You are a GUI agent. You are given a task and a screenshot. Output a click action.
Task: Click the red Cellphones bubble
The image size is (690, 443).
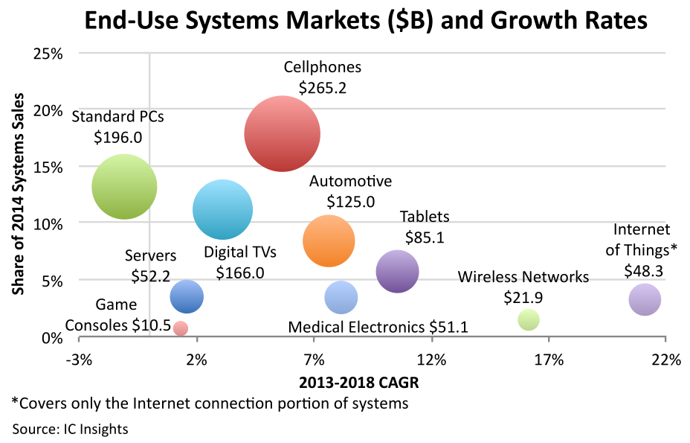pyautogui.click(x=282, y=134)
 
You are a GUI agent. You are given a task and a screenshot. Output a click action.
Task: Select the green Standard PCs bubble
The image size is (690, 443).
pyautogui.click(x=124, y=187)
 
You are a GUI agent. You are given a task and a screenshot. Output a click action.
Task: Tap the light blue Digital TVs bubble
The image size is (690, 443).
pyautogui.click(x=222, y=210)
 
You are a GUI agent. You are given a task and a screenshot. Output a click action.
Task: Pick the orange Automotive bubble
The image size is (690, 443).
pyautogui.click(x=329, y=240)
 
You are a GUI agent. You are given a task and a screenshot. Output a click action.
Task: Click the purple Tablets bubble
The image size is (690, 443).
pyautogui.click(x=398, y=272)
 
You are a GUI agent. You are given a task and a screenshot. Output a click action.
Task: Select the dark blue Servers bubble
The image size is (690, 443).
pyautogui.click(x=187, y=296)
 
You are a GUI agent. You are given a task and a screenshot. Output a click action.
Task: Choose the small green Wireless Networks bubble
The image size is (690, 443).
pyautogui.click(x=528, y=320)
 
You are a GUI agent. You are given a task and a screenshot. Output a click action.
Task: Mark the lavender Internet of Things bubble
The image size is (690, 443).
pyautogui.click(x=645, y=300)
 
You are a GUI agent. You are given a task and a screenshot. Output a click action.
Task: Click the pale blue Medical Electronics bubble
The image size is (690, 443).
pyautogui.click(x=341, y=298)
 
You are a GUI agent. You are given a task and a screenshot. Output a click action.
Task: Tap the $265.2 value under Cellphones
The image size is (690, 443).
pyautogui.click(x=323, y=87)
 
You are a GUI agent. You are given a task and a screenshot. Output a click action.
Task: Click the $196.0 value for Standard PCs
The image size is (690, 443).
pyautogui.click(x=118, y=137)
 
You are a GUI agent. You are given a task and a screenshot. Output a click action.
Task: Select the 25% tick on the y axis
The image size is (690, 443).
pyautogui.click(x=47, y=54)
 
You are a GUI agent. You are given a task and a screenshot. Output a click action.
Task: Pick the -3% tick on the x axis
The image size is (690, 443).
pyautogui.click(x=79, y=360)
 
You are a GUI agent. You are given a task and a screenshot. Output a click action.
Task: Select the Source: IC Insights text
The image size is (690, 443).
pyautogui.click(x=70, y=429)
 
